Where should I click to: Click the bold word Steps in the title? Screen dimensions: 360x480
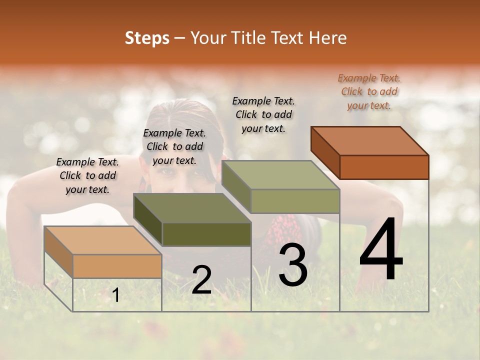147,38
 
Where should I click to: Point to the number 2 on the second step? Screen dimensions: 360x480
201,280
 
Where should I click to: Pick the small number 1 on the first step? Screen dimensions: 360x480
116,295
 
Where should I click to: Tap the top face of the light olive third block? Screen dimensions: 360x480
280,175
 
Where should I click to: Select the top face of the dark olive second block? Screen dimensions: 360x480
192,208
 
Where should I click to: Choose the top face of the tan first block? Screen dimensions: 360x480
102,240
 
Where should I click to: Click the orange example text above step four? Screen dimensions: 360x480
369,91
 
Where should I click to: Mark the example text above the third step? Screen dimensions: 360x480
263,114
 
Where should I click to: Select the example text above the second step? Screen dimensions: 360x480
174,146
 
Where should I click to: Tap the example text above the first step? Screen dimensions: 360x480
87,175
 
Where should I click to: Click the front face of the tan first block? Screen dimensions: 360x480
117,266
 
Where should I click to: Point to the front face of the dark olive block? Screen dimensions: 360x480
206,234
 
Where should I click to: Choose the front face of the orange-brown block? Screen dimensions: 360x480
384,167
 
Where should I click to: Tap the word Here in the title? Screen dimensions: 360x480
330,38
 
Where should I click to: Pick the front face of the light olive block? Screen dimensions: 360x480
295,201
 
